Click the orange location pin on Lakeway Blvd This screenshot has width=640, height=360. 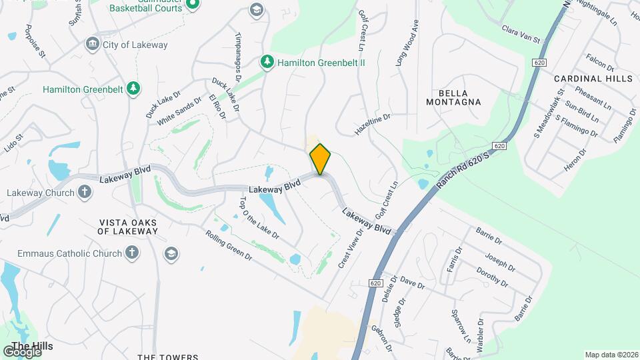click(320, 159)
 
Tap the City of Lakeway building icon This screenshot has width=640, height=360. click(93, 45)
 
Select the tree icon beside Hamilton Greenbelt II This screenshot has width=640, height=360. click(267, 62)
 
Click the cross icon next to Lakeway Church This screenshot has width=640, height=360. click(84, 193)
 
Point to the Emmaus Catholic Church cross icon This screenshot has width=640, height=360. click(132, 253)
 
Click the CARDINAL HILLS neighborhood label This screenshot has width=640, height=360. click(593, 79)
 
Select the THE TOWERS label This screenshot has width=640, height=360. click(168, 357)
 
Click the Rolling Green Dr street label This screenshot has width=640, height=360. click(229, 245)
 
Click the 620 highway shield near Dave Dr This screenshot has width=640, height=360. click(375, 283)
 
